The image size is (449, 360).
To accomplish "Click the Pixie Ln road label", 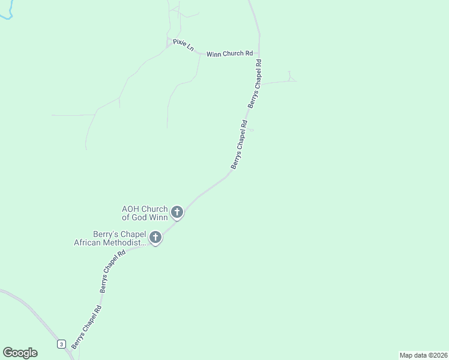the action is click(x=183, y=45).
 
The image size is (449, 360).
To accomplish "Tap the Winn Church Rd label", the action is click(x=229, y=53).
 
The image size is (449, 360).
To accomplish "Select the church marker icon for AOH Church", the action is click(x=177, y=212).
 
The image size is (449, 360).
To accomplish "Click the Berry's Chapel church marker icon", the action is click(x=155, y=237).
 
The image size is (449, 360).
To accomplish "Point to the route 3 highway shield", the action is click(x=61, y=344).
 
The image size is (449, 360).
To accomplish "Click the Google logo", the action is click(x=20, y=353).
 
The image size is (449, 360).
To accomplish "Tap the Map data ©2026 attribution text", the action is click(x=423, y=355).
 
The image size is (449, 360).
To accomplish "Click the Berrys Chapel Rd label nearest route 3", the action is click(x=86, y=327).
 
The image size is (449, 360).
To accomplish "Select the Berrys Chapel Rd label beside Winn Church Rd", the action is click(x=255, y=83).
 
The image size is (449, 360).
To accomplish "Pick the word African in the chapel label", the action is click(x=89, y=242).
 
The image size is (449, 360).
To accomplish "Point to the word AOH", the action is click(x=131, y=209).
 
